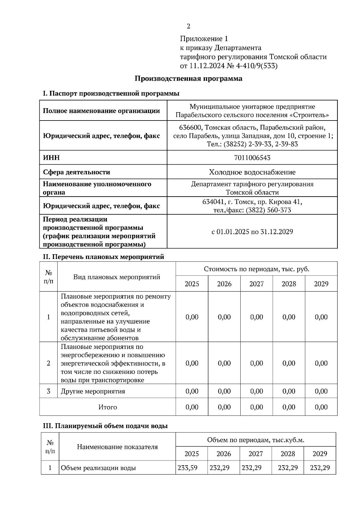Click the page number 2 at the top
coord(188,26)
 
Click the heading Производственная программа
coord(188,79)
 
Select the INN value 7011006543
coord(252,158)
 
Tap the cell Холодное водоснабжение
coord(252,172)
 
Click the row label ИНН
coord(51,158)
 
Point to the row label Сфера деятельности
coord(76,172)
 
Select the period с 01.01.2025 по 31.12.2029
coord(252,232)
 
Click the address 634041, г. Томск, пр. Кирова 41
coord(252,202)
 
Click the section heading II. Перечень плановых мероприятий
coord(103,257)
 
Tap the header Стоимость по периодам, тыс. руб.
coord(256,269)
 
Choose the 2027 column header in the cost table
coord(256,284)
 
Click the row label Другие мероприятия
coord(93,391)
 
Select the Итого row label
coord(108,407)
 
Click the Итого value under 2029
coord(321,407)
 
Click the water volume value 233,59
coord(187,468)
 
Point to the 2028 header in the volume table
coord(287,454)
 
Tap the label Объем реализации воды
coord(98,468)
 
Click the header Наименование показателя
coord(117,447)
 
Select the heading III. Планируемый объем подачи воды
coord(105,426)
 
